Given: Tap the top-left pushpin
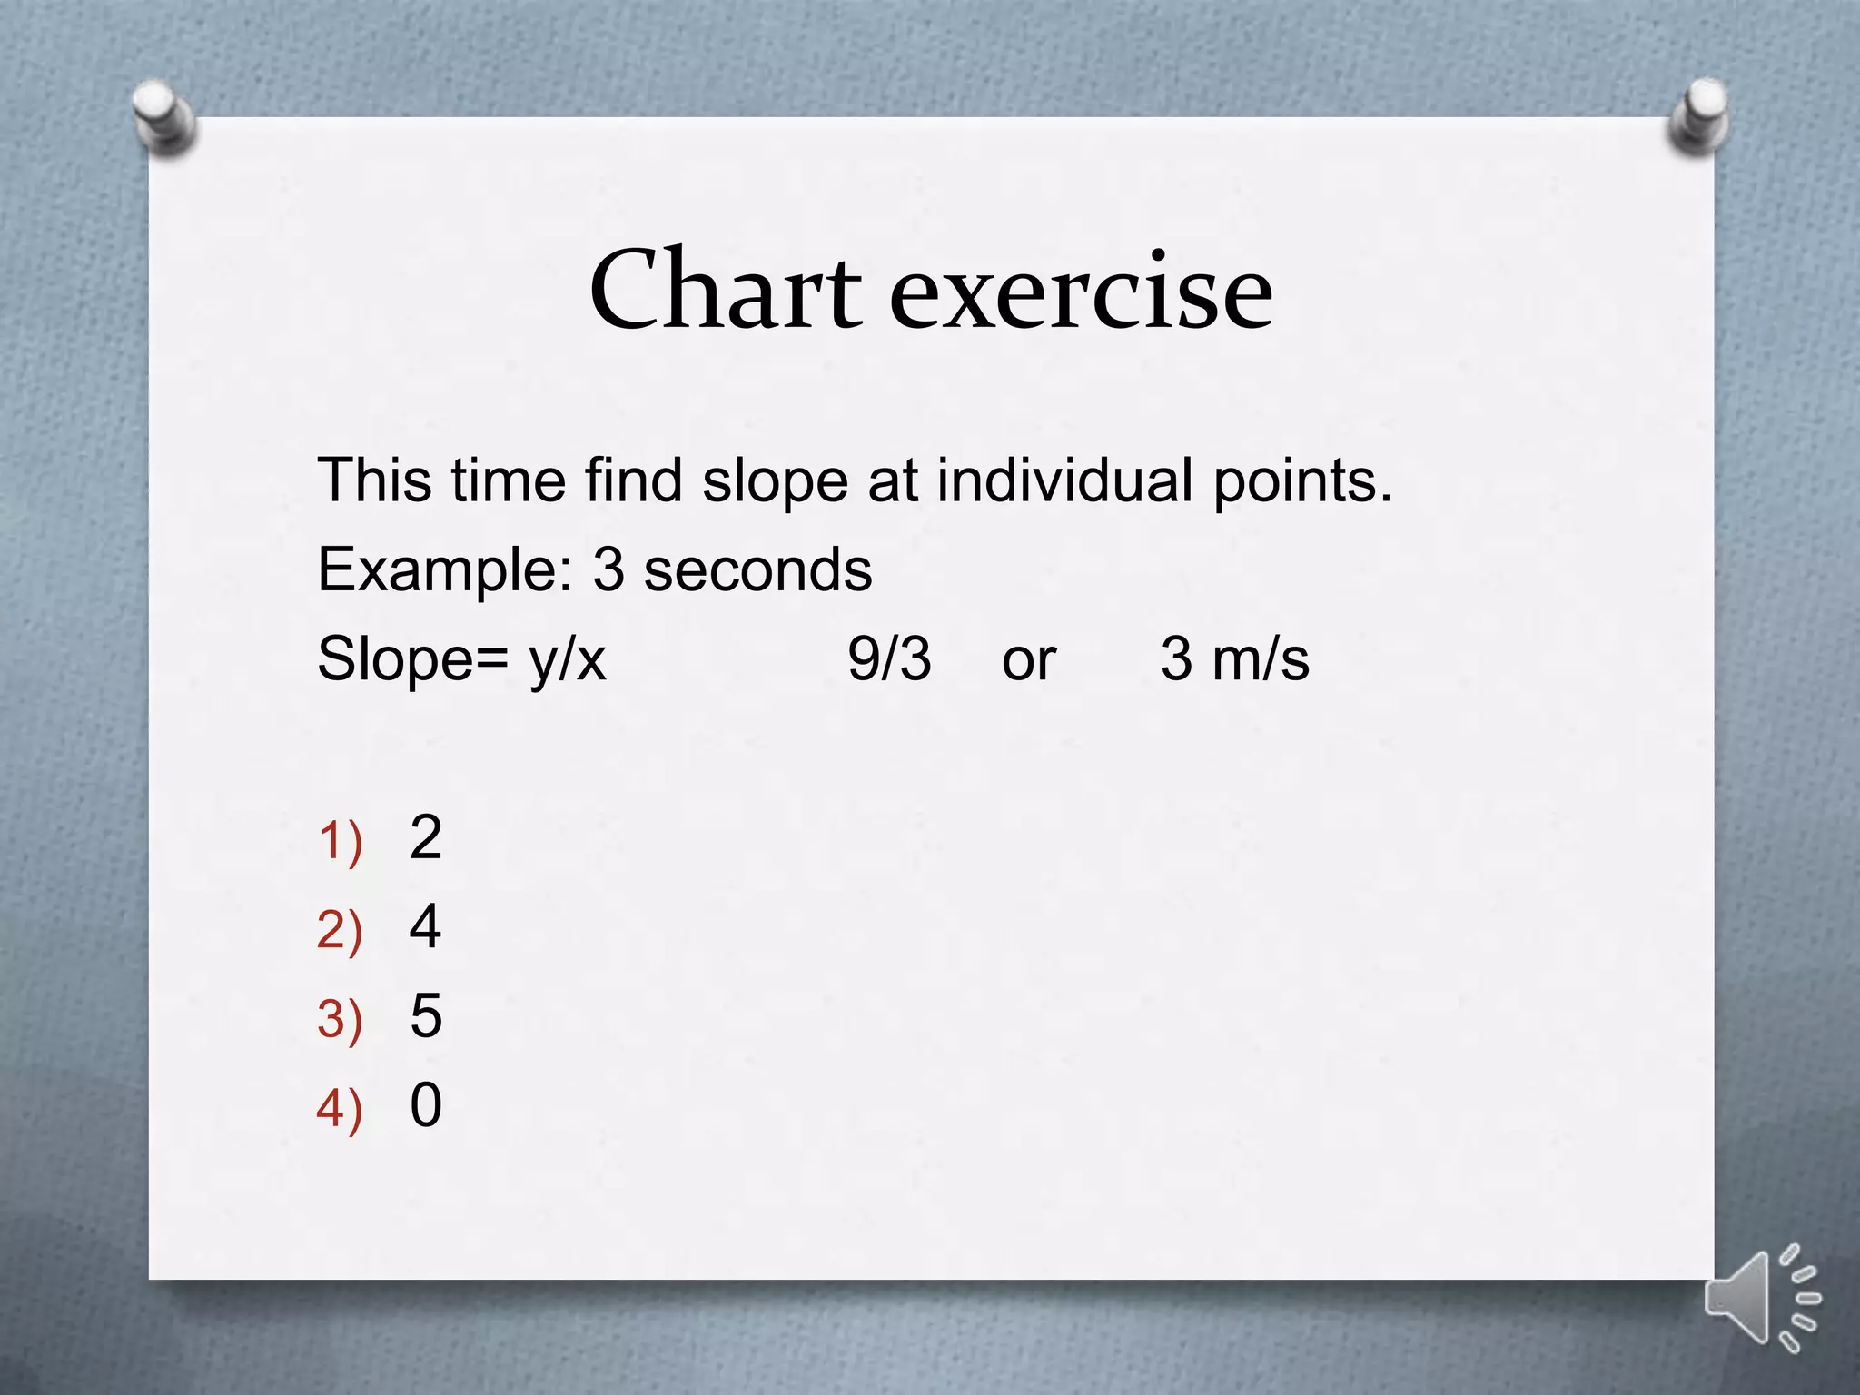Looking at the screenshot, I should (164, 119).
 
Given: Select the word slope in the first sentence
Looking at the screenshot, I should (775, 480).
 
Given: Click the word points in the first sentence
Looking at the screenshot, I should (1302, 480).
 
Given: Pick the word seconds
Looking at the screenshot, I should (757, 570).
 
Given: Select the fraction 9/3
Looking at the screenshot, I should (889, 658).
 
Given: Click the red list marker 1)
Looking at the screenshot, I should (340, 840).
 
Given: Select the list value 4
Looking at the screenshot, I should (425, 926).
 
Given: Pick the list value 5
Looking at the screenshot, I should (425, 1015).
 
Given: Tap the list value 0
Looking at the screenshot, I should (425, 1104).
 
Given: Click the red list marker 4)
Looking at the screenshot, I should (340, 1109).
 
